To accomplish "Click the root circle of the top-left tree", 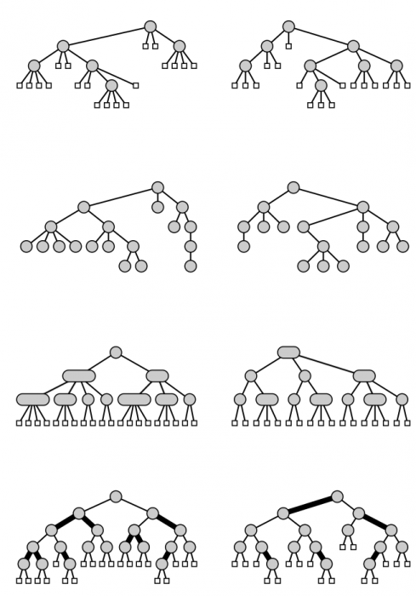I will pyautogui.click(x=151, y=26).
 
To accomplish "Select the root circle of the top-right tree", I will pyautogui.click(x=288, y=26).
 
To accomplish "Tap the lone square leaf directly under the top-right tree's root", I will pyautogui.click(x=288, y=46).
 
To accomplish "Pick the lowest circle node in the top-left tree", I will pyautogui.click(x=111, y=85).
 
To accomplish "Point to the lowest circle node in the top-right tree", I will pyautogui.click(x=321, y=85).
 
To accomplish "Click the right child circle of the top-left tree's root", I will pyautogui.click(x=180, y=46).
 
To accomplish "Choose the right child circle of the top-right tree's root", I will pyautogui.click(x=353, y=46).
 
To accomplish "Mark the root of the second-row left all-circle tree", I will pyautogui.click(x=157, y=187).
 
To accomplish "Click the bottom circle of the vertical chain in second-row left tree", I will pyautogui.click(x=190, y=266).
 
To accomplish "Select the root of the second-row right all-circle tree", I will pyautogui.click(x=293, y=187).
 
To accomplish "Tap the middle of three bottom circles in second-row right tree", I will pyautogui.click(x=323, y=266).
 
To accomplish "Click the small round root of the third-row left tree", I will pyautogui.click(x=116, y=352).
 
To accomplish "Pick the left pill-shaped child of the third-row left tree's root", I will pyautogui.click(x=78, y=375).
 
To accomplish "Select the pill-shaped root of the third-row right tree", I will pyautogui.click(x=288, y=352).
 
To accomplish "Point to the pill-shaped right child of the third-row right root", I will pyautogui.click(x=364, y=375).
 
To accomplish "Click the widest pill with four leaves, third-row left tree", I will pyautogui.click(x=32, y=399).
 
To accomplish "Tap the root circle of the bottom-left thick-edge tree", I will pyautogui.click(x=116, y=496).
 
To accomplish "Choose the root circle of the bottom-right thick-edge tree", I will pyautogui.click(x=337, y=496).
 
